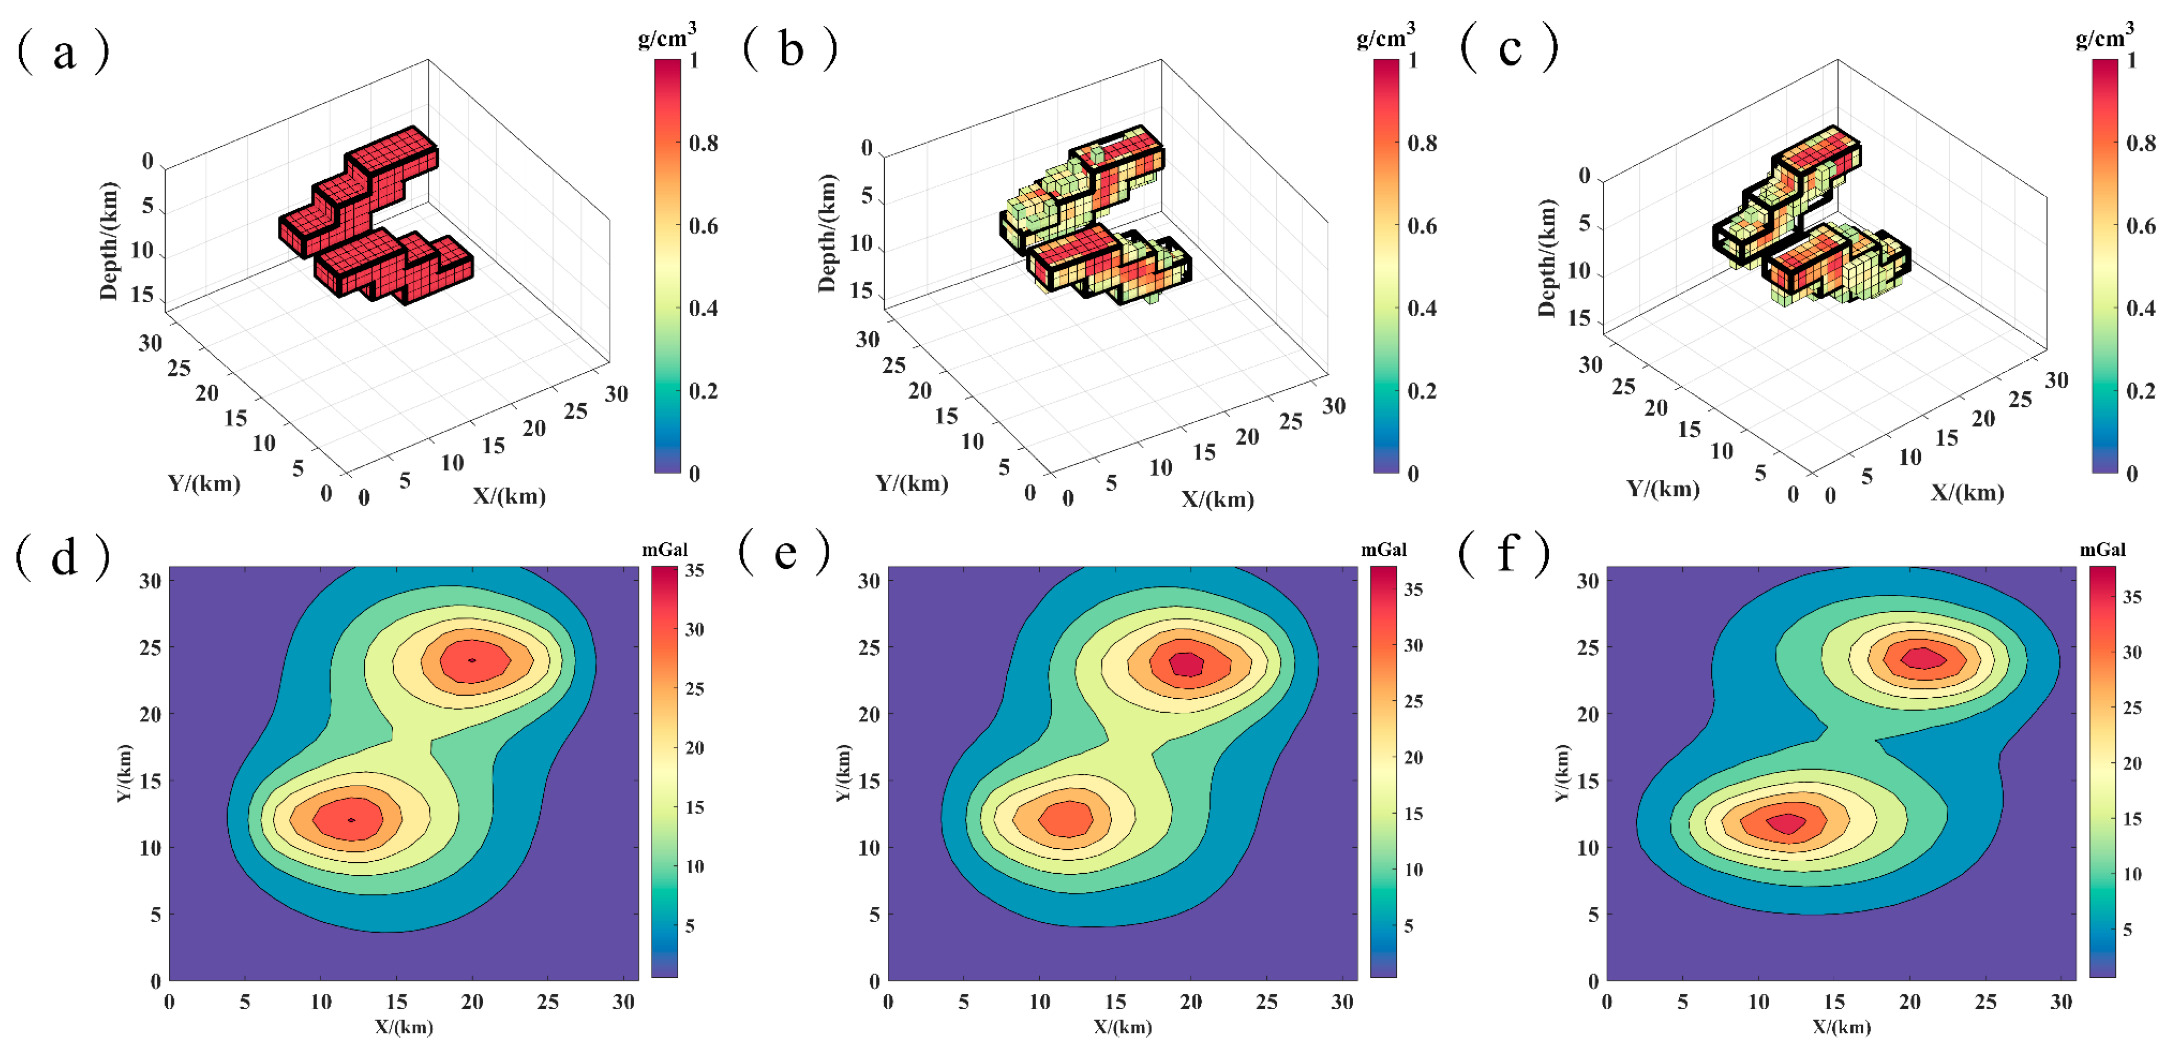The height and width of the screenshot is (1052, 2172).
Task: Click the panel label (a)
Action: (63, 53)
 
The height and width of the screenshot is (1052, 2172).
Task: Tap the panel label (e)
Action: (784, 554)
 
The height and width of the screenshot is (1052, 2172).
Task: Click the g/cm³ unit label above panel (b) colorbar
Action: (1386, 37)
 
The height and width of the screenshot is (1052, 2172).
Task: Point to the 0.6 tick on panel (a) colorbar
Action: (703, 226)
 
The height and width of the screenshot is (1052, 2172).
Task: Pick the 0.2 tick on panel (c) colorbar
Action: (2141, 391)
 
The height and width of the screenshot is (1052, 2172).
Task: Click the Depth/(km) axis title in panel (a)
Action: (109, 242)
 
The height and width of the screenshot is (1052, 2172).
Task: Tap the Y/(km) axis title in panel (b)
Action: (912, 484)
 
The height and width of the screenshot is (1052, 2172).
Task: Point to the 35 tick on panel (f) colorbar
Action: (2131, 597)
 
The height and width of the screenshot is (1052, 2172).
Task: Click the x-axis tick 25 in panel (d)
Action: (548, 1002)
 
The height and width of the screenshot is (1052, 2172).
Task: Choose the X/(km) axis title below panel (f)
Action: (1842, 1027)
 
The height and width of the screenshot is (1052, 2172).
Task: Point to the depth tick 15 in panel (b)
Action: (861, 290)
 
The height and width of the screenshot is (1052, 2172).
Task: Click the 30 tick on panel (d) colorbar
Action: (694, 629)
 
